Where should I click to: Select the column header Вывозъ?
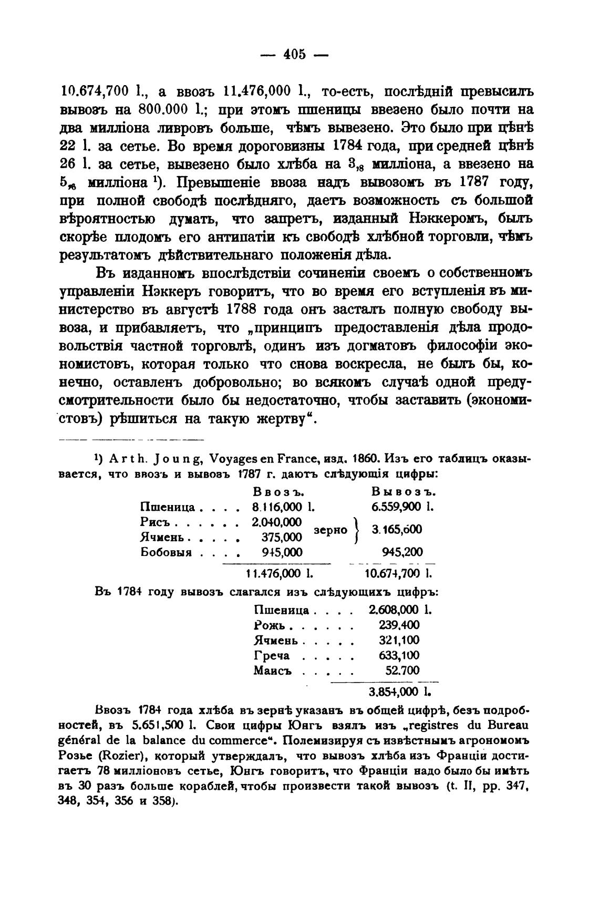(x=404, y=492)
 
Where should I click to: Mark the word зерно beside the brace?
(x=331, y=530)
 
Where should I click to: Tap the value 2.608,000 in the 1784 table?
(x=394, y=610)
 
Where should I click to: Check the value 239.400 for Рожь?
(x=399, y=625)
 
